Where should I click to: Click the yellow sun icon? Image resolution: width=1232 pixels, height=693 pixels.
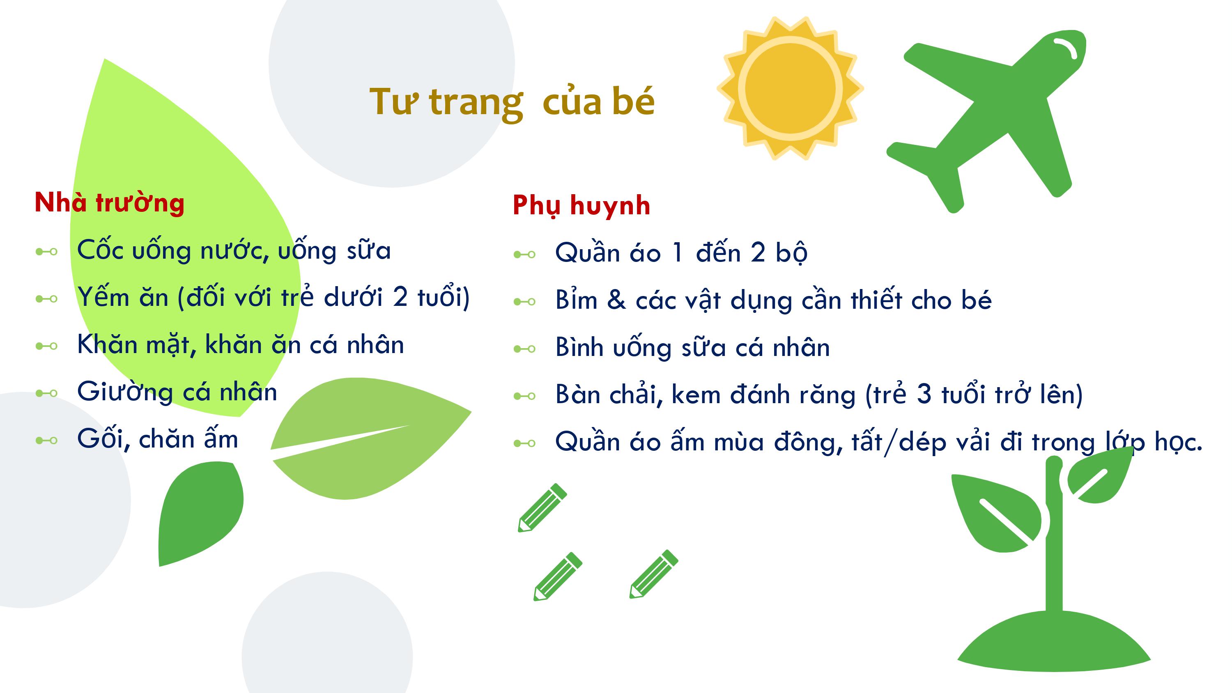pos(790,89)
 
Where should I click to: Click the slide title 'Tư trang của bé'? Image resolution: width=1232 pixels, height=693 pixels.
pos(512,102)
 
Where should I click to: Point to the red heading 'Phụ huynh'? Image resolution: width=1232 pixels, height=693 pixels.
pos(582,206)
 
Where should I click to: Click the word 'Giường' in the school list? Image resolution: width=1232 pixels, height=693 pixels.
pos(125,392)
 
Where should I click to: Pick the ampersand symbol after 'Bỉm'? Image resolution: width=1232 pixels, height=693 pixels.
pos(616,301)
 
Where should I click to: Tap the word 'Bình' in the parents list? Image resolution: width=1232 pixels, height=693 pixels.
pos(579,347)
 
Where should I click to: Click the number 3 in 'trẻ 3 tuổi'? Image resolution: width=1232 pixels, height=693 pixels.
pos(924,394)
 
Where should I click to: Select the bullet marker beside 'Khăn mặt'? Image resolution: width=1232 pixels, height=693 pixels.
pos(46,346)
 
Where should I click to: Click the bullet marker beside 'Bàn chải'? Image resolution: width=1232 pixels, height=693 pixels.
pos(524,396)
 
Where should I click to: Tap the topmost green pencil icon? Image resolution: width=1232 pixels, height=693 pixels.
pos(542,507)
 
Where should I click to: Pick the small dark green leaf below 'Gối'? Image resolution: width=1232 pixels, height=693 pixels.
pos(201,514)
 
